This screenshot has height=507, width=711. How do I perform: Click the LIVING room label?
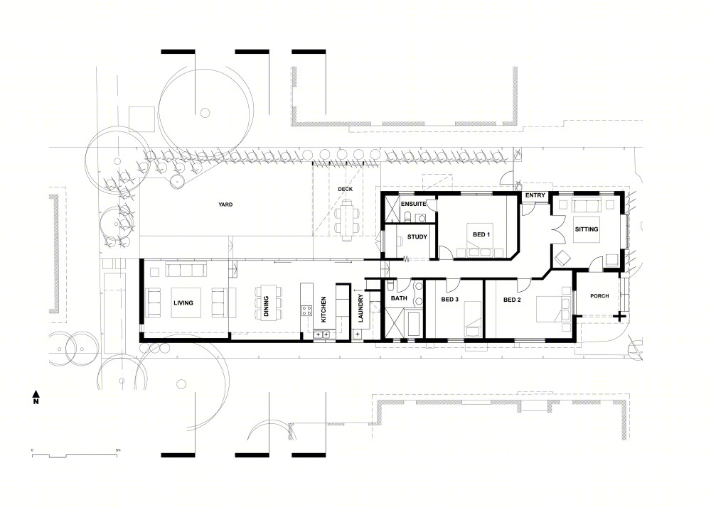coord(183,302)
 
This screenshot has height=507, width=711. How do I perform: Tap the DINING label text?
coord(266,306)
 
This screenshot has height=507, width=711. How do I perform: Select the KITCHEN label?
coord(324,309)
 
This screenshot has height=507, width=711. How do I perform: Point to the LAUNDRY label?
coord(360,308)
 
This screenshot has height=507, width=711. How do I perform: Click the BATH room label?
coord(399,298)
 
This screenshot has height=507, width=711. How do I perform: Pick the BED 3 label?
coord(450,299)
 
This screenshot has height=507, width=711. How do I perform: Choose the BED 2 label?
coord(512,300)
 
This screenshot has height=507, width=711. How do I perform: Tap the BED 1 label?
coord(481,234)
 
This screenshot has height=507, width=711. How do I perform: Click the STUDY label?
coord(417,236)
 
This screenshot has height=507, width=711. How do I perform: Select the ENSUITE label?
coord(414,205)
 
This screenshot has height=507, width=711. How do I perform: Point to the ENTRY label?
coord(535,195)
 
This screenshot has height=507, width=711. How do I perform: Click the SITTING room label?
coord(587,229)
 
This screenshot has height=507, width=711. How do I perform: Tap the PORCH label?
coord(599,296)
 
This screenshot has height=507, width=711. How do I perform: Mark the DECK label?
coord(345,189)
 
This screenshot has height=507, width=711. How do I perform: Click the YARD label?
coord(225,205)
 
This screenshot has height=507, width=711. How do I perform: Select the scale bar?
coord(75,455)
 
